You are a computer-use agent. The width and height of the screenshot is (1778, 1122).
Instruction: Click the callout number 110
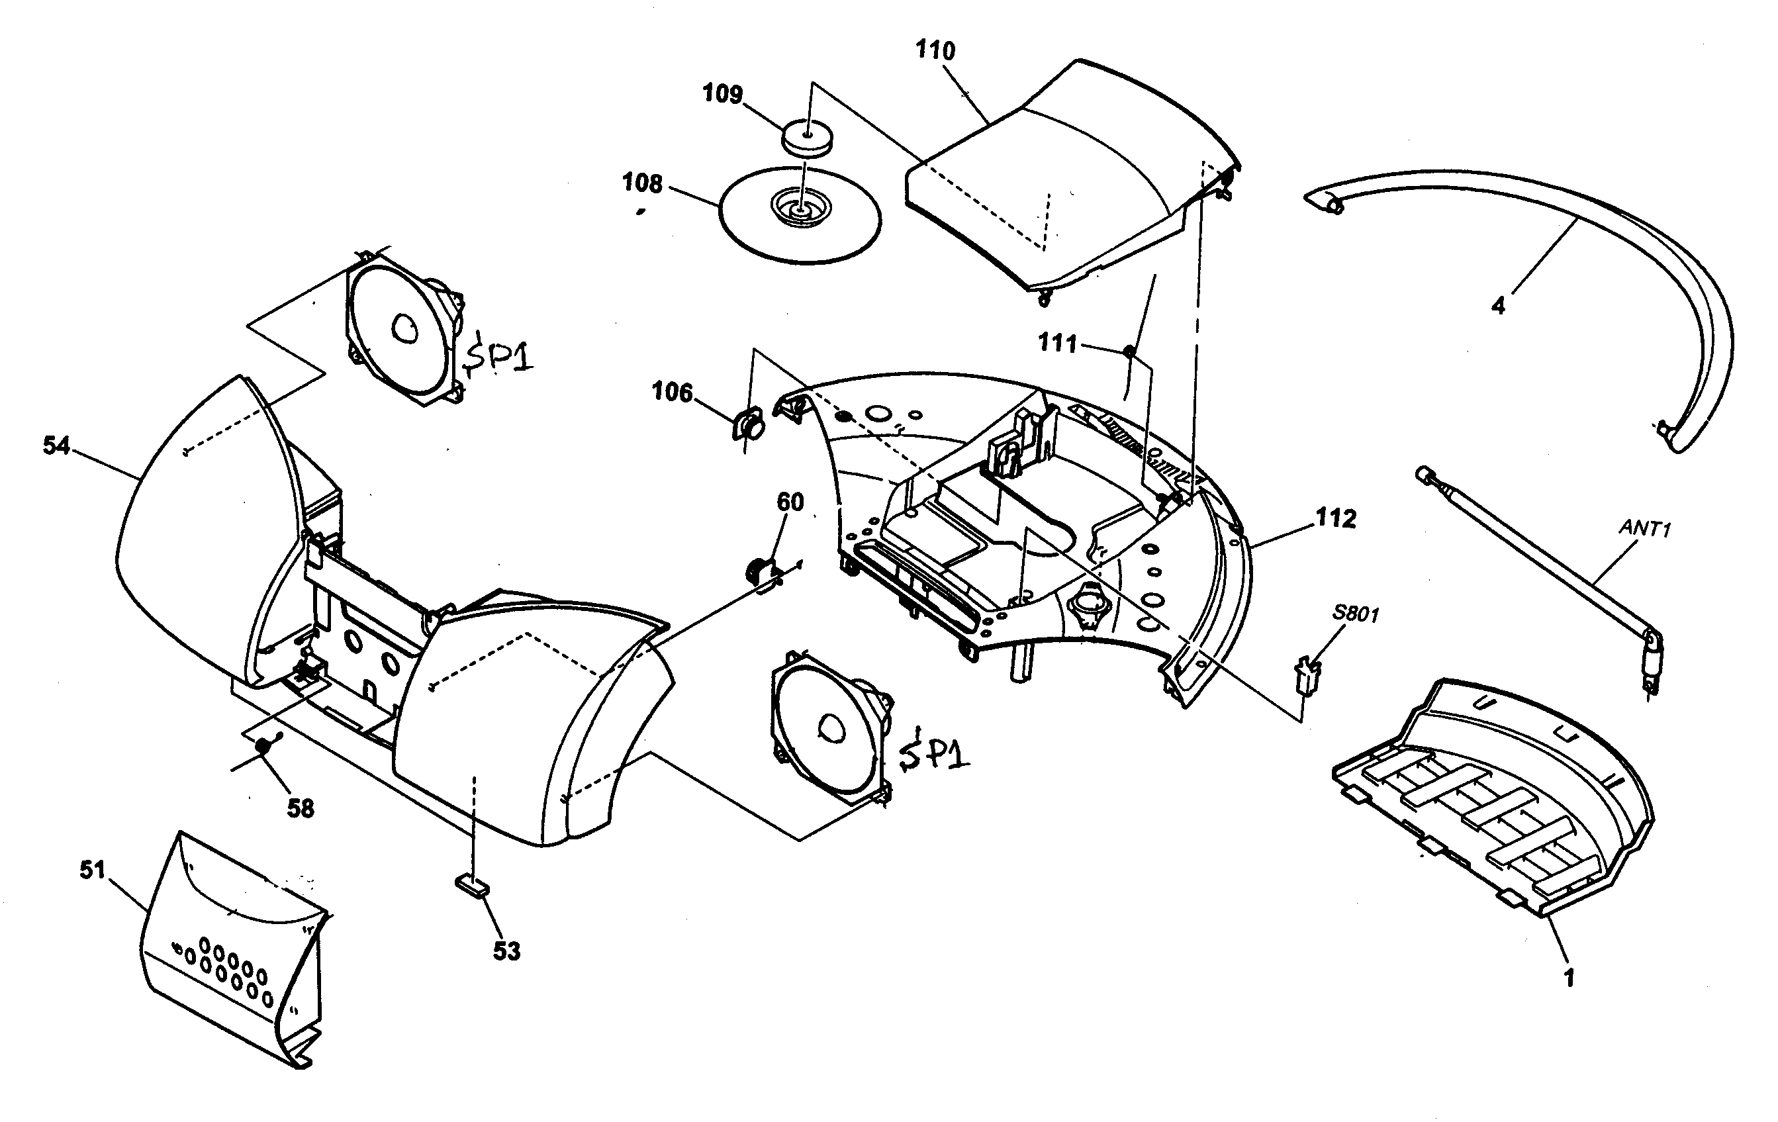coord(935,50)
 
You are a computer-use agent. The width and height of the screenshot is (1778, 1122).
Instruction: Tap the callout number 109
coord(722,94)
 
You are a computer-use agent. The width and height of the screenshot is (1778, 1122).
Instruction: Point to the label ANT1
coord(1644,528)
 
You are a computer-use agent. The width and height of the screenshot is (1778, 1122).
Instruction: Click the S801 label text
coord(1356,614)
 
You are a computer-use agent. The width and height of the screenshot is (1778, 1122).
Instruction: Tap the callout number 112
coord(1336,518)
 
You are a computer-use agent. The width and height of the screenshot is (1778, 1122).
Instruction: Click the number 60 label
coord(789,502)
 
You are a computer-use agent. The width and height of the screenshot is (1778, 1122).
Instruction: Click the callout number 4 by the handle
coord(1497,305)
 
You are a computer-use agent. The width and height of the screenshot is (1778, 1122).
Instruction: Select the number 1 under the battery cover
coord(1568,978)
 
